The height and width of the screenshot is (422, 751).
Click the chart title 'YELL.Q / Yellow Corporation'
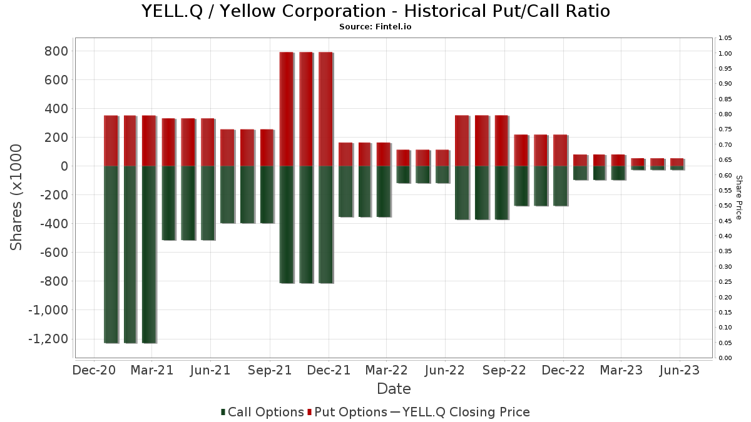click(x=375, y=11)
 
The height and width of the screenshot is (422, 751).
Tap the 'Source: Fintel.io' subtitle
click(x=375, y=27)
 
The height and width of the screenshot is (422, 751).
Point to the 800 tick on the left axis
click(x=56, y=51)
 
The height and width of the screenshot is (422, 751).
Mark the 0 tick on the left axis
click(x=64, y=166)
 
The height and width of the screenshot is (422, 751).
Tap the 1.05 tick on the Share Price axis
click(x=725, y=38)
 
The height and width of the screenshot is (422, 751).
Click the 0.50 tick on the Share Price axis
click(x=725, y=206)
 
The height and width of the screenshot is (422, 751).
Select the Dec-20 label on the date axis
click(x=94, y=370)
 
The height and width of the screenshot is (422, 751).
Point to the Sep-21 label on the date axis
click(x=270, y=370)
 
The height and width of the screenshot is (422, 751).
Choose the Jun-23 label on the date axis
click(x=680, y=370)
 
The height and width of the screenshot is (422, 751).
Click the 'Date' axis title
click(x=394, y=389)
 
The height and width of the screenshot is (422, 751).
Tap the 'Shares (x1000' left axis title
click(x=17, y=197)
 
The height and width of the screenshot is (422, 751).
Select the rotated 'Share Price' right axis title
click(x=738, y=197)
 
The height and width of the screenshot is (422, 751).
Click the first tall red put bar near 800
click(x=286, y=109)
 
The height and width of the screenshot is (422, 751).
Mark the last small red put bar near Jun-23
click(x=677, y=162)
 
